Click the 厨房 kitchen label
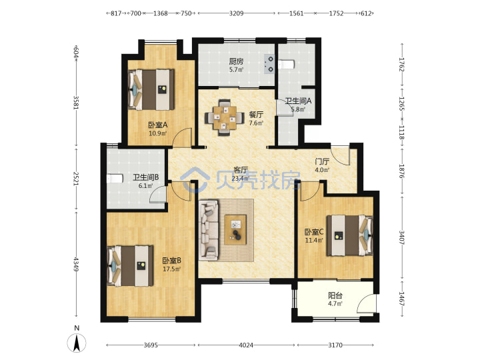click(236, 61)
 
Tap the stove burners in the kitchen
click(269, 64)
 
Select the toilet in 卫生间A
click(287, 64)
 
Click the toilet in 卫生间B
click(115, 178)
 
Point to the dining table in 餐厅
click(225, 117)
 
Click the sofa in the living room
click(209, 230)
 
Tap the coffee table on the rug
click(235, 230)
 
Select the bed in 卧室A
click(151, 90)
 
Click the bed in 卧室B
click(130, 266)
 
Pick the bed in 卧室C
click(349, 235)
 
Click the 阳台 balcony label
click(335, 295)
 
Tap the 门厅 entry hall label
click(322, 161)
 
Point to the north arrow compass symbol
click(77, 340)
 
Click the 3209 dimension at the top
click(236, 13)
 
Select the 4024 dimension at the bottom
click(246, 345)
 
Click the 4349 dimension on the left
click(76, 264)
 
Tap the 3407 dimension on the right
click(401, 237)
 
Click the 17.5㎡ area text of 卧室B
click(171, 269)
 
